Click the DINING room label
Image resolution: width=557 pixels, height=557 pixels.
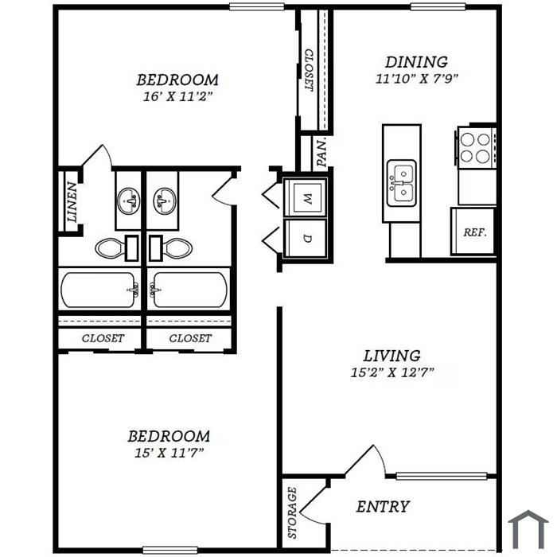pyautogui.click(x=416, y=62)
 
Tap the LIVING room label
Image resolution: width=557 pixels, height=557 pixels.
pyautogui.click(x=391, y=356)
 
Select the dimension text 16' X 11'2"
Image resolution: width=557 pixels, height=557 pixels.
pyautogui.click(x=177, y=96)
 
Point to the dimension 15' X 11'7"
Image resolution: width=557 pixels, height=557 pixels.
pyautogui.click(x=169, y=453)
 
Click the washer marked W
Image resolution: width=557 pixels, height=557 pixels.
pyautogui.click(x=306, y=197)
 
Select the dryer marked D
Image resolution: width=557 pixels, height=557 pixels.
pyautogui.click(x=306, y=238)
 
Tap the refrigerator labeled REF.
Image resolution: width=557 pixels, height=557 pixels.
pyautogui.click(x=473, y=232)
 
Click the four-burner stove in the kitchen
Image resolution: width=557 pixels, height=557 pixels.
pyautogui.click(x=476, y=147)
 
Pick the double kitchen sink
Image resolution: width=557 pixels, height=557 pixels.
pyautogui.click(x=402, y=183)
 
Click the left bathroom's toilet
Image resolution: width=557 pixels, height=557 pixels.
pyautogui.click(x=117, y=248)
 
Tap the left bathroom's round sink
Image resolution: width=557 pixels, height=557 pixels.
pyautogui.click(x=129, y=201)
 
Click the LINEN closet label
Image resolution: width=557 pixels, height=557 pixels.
pyautogui.click(x=72, y=202)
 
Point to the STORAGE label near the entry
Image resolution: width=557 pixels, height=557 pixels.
pyautogui.click(x=292, y=512)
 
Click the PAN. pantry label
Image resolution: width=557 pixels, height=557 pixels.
pyautogui.click(x=321, y=153)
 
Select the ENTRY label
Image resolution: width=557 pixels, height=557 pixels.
pyautogui.click(x=383, y=507)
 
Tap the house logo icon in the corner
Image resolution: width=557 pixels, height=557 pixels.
pyautogui.click(x=528, y=529)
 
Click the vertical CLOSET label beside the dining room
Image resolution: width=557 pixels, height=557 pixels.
pyautogui.click(x=309, y=70)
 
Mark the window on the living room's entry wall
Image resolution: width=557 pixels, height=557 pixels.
pyautogui.click(x=441, y=476)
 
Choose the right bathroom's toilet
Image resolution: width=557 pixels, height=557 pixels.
pyautogui.click(x=171, y=248)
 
